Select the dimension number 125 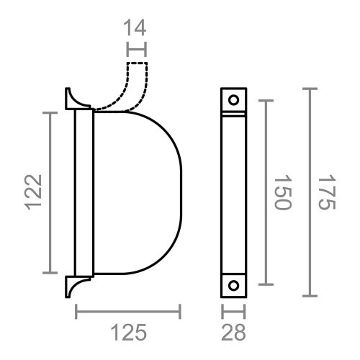pos(129,333)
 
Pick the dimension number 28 pos(232,333)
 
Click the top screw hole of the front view pos(233,99)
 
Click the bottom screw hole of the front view pos(233,285)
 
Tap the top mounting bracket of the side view pos(76,99)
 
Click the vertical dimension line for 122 pos(50,192)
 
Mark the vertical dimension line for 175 pos(310,192)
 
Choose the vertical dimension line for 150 pos(266,192)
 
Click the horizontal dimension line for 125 pos(128,311)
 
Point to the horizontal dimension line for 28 pos(233,311)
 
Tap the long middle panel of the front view pos(233,192)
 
